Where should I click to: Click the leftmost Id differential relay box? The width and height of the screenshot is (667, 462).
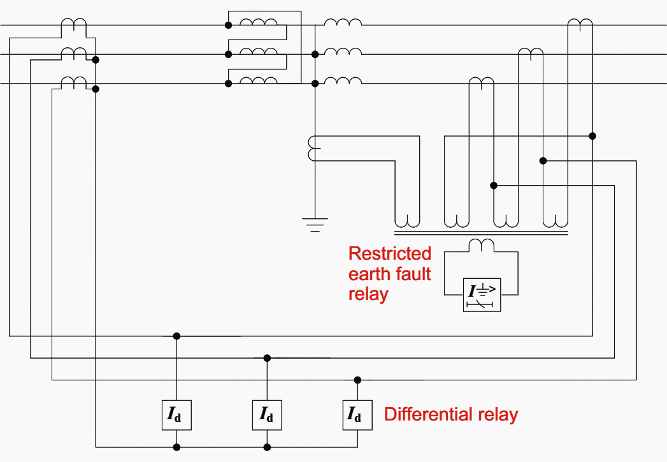click(177, 415)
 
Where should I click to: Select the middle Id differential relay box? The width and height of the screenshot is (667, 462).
click(267, 415)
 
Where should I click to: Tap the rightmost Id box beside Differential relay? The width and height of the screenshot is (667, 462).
click(357, 415)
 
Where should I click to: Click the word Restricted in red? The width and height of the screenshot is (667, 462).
click(389, 253)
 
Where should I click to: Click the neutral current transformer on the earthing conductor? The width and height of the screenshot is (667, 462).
click(312, 149)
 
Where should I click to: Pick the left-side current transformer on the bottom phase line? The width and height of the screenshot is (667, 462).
click(73, 81)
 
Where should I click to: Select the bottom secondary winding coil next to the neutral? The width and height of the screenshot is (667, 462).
click(343, 80)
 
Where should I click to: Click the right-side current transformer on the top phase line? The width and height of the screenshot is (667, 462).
click(580, 23)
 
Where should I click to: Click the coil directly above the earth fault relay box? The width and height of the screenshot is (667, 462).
click(482, 244)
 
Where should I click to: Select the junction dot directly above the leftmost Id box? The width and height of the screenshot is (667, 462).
click(177, 336)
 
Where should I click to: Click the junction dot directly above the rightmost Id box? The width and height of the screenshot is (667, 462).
click(357, 380)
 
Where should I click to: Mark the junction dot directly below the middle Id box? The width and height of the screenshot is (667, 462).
click(267, 447)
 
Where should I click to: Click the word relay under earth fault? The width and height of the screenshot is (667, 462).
click(368, 295)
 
